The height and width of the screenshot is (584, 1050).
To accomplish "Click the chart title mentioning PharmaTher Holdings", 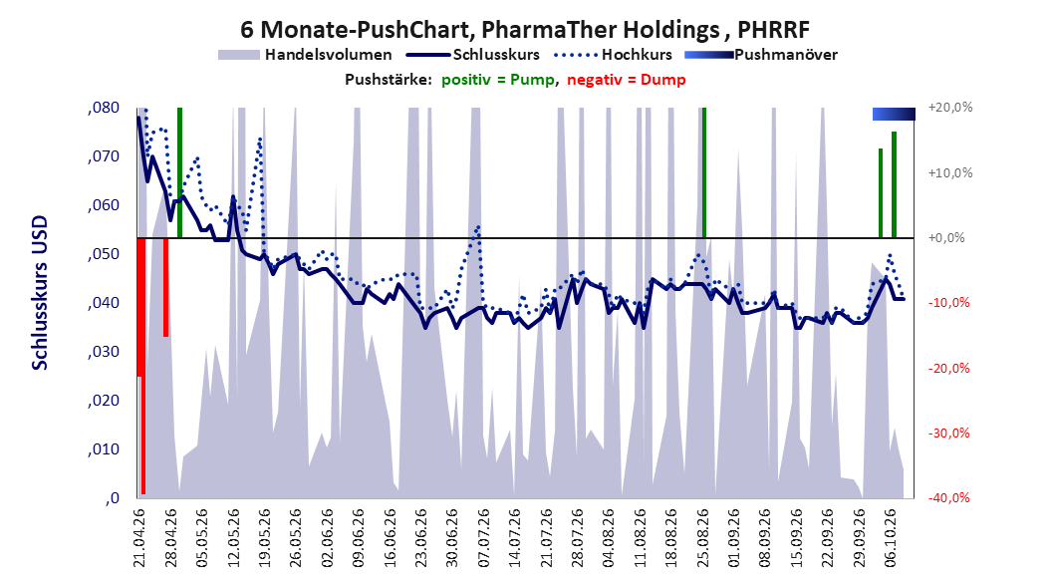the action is click(525, 30).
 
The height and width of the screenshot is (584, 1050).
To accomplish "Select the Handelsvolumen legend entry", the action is click(305, 55).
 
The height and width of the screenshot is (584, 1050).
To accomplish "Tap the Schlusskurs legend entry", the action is click(473, 55).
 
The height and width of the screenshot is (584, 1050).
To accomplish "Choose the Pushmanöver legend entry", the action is click(761, 55).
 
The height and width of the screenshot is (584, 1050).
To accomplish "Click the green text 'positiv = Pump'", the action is click(497, 80).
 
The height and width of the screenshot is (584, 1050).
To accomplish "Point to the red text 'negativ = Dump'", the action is click(627, 80).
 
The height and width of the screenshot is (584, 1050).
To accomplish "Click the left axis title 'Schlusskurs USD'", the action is click(40, 293).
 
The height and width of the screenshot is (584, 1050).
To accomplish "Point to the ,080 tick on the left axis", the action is click(104, 108).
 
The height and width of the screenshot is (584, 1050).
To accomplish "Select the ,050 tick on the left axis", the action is click(104, 254).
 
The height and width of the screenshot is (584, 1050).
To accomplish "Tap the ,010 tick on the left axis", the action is click(104, 449).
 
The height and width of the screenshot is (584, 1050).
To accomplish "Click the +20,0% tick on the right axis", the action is click(950, 108).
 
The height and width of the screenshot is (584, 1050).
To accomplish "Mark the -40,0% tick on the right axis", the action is click(948, 497).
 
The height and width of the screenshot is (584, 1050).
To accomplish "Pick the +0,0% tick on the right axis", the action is click(946, 238).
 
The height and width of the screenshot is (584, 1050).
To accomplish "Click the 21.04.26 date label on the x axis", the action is click(138, 538).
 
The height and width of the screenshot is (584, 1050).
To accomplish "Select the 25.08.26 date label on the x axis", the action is click(703, 538).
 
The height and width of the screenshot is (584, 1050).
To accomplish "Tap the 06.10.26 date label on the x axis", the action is click(891, 538).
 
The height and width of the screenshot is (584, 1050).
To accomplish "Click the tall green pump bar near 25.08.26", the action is click(703, 172).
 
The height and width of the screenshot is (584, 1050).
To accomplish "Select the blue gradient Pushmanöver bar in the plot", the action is click(894, 115).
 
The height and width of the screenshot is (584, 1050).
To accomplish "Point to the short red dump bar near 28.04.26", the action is click(165, 287).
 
